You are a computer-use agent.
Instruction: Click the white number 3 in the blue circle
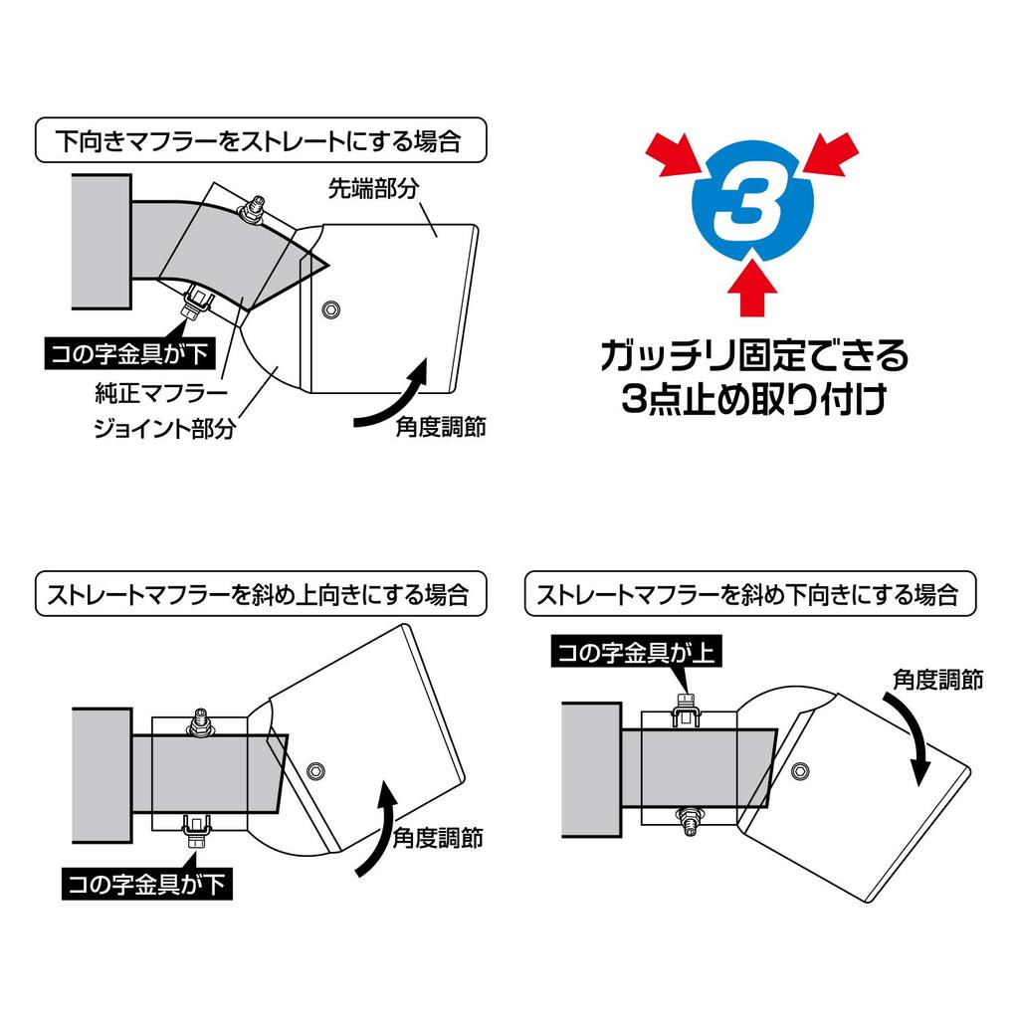click(753, 211)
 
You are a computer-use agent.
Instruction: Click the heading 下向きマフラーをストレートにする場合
click(261, 140)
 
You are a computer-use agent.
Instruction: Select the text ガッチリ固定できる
click(753, 355)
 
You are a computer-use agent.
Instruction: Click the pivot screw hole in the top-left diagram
click(329, 310)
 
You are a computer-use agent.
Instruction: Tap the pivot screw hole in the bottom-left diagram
click(315, 769)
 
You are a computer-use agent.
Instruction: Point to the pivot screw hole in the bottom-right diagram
click(802, 770)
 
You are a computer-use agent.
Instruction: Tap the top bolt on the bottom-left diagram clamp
click(201, 718)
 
